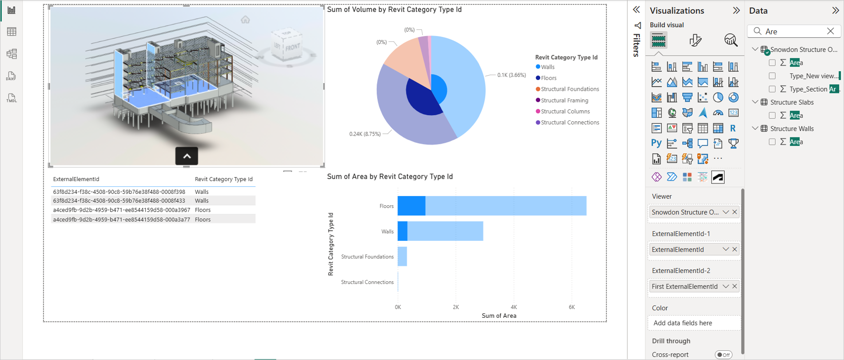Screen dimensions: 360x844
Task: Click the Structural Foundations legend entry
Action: [569, 89]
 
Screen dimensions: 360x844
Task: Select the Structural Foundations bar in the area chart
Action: [402, 256]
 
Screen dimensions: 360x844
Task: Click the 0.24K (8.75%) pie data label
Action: [365, 134]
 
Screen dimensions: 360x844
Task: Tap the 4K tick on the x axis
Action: [514, 307]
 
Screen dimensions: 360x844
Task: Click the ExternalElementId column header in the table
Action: [76, 179]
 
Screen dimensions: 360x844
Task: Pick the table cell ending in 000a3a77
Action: [121, 220]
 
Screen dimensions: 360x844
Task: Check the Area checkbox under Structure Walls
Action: [772, 142]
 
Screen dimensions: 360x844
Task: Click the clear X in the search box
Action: [830, 31]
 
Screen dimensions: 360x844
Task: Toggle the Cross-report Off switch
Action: [723, 355]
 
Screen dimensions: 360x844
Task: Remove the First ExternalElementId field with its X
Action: [735, 287]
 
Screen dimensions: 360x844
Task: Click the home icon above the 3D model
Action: [245, 20]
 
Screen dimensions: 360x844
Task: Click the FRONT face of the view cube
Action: [293, 47]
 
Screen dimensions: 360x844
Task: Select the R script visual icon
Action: [733, 128]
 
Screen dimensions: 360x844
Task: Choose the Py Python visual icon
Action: [656, 143]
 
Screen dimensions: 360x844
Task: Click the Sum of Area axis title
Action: [499, 316]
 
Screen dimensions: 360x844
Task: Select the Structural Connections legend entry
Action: [569, 123]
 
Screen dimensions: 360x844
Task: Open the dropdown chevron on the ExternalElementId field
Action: [725, 249]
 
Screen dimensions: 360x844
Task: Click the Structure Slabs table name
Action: [792, 102]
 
